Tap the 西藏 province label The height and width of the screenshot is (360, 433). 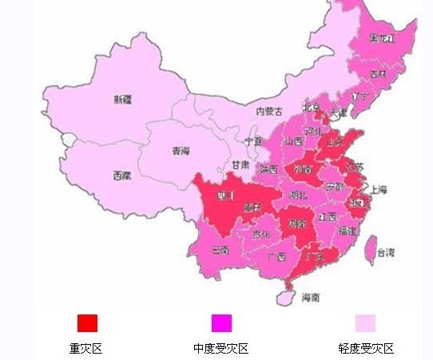click(121, 176)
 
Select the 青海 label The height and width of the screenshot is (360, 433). click(181, 151)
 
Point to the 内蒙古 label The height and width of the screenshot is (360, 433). click(270, 112)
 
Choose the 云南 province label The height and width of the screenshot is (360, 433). click(221, 250)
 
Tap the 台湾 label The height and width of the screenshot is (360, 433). click(385, 253)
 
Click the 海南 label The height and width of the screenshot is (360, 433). click(310, 297)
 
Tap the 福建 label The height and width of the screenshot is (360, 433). click(348, 231)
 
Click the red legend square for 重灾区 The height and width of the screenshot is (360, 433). click(87, 322)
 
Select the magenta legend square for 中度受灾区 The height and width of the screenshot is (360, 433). click(221, 322)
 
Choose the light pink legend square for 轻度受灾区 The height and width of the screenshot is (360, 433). click(365, 322)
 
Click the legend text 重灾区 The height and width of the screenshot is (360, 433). click(86, 348)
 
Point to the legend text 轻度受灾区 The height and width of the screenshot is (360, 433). click(366, 348)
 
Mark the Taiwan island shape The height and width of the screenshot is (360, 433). click(370, 249)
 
